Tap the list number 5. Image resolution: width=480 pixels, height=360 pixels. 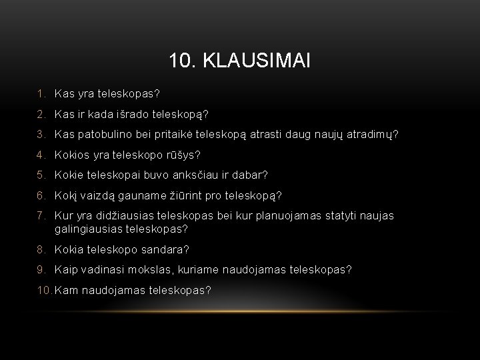pyautogui.click(x=41, y=175)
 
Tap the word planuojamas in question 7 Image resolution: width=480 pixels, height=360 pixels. pyautogui.click(x=281, y=215)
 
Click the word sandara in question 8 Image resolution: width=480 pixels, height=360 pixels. pyautogui.click(x=163, y=249)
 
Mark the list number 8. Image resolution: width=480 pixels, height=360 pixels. pyautogui.click(x=41, y=249)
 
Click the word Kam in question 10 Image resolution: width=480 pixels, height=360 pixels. pyautogui.click(x=67, y=290)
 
